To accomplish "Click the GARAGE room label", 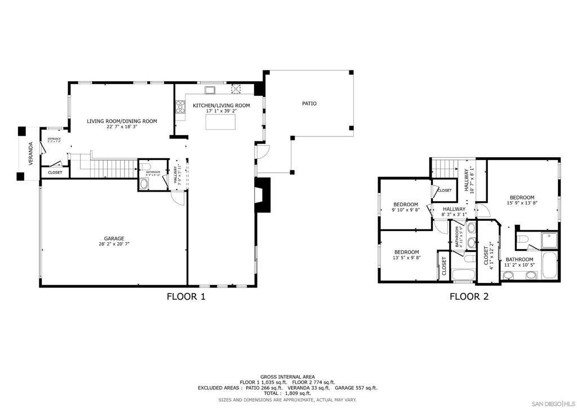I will pos(114,238).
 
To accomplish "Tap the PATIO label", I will pos(309,103).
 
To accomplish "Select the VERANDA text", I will pos(31,153).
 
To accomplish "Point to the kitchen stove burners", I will pos(181,107).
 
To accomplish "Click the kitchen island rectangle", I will pos(220,122).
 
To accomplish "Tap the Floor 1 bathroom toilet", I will pos(143,184).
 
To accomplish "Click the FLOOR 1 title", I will pos(186,296).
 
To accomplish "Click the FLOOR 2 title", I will pos(469,296).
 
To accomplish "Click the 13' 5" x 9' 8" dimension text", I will pos(406,258).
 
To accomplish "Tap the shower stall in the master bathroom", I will pos(549,242).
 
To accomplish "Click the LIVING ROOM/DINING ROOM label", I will pos(122,121).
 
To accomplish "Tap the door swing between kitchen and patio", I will pos(263,151).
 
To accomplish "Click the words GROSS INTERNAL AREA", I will pos(287,376).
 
